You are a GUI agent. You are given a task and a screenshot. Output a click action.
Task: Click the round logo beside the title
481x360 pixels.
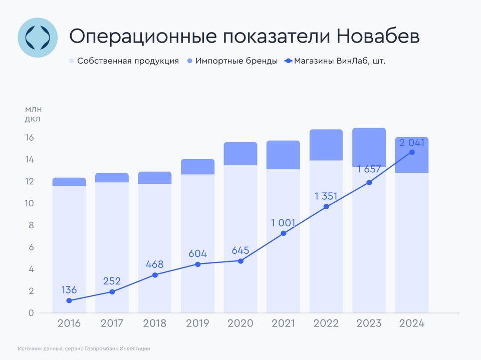(x=38, y=37)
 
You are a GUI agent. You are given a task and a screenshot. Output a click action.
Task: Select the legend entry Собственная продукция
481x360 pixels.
(x=128, y=61)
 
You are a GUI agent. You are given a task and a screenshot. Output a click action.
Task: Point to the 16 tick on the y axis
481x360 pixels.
(x=30, y=138)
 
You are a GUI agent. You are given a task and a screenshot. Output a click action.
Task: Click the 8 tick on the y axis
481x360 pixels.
(x=30, y=225)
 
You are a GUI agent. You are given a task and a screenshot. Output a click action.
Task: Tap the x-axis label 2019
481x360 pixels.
(x=197, y=323)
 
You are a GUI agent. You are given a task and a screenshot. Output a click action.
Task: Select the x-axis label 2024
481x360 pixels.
(x=412, y=323)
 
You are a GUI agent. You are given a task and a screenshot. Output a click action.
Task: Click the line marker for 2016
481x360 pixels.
(x=69, y=301)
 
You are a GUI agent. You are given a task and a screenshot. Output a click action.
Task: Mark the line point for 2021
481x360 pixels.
(x=284, y=233)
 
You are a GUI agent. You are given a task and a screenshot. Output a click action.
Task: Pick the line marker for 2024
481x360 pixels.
(x=412, y=152)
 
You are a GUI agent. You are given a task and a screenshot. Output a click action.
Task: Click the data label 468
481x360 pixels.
(x=155, y=263)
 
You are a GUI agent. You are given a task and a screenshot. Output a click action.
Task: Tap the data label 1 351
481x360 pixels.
(x=327, y=196)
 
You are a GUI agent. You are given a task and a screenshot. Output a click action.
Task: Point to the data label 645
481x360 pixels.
(x=241, y=250)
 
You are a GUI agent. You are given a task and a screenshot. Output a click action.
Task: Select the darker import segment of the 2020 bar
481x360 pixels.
(x=241, y=154)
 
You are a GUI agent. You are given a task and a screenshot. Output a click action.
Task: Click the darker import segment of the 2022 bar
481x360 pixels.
(x=326, y=145)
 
